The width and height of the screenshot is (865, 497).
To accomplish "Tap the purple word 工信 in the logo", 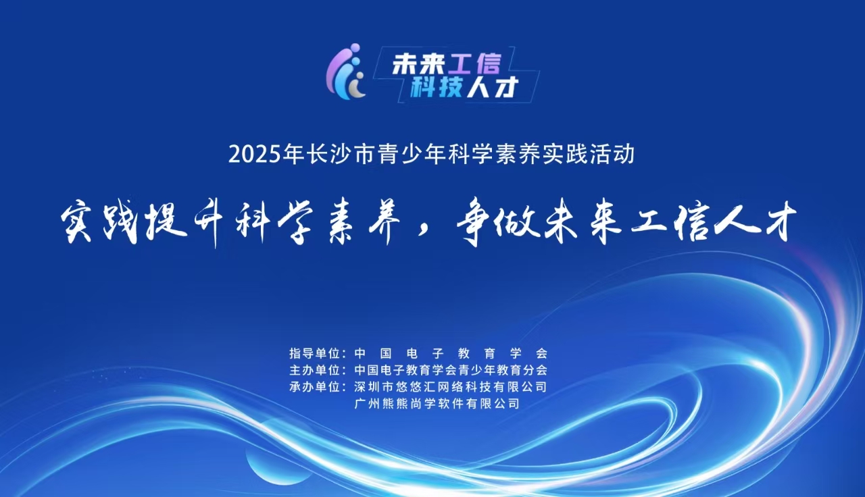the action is tap(475, 63).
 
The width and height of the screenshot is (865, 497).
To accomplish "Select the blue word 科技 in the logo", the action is tap(437, 88).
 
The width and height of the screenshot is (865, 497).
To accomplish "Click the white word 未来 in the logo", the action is tap(418, 63).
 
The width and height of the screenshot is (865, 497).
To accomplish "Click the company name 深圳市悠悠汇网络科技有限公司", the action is tap(451, 387).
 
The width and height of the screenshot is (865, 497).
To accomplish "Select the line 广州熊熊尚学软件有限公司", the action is tap(437, 404).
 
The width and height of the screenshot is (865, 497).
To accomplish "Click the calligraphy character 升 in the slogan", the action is tap(209, 223).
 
